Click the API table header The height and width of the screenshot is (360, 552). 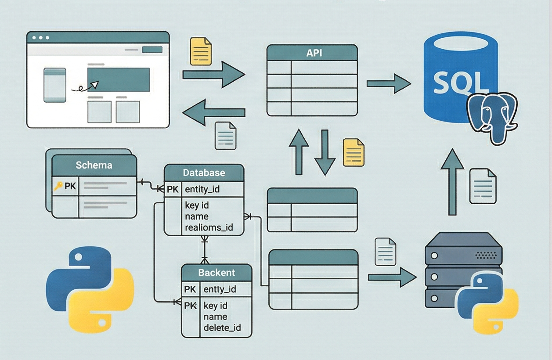(x=312, y=53)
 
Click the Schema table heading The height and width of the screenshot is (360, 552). (x=94, y=166)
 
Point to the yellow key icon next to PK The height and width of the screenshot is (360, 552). (x=58, y=186)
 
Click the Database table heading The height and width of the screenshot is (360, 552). (x=204, y=173)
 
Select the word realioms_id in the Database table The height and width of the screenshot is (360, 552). (x=209, y=227)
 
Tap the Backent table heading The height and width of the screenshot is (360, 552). (x=216, y=273)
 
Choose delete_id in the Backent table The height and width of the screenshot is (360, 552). (x=222, y=328)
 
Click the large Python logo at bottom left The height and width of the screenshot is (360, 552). (x=90, y=289)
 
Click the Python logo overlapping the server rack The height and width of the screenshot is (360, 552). (x=487, y=303)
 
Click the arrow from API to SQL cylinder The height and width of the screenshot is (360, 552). (x=388, y=83)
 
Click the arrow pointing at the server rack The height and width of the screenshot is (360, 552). (x=392, y=277)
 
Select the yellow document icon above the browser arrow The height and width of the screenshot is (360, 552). (x=201, y=51)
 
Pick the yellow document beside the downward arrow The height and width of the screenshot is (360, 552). (x=354, y=152)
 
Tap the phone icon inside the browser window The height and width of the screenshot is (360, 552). (x=55, y=85)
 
